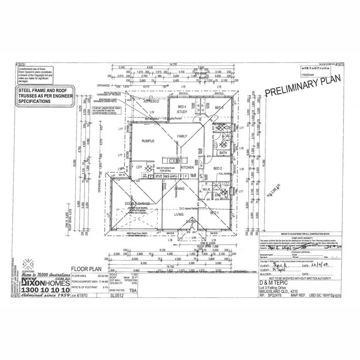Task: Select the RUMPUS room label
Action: (x=148, y=141)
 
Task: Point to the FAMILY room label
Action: (x=182, y=136)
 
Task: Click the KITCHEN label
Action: (x=187, y=168)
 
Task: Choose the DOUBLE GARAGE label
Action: (x=134, y=204)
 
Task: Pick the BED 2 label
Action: (x=217, y=168)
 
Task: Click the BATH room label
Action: (x=223, y=153)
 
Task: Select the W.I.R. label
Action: (x=205, y=189)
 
